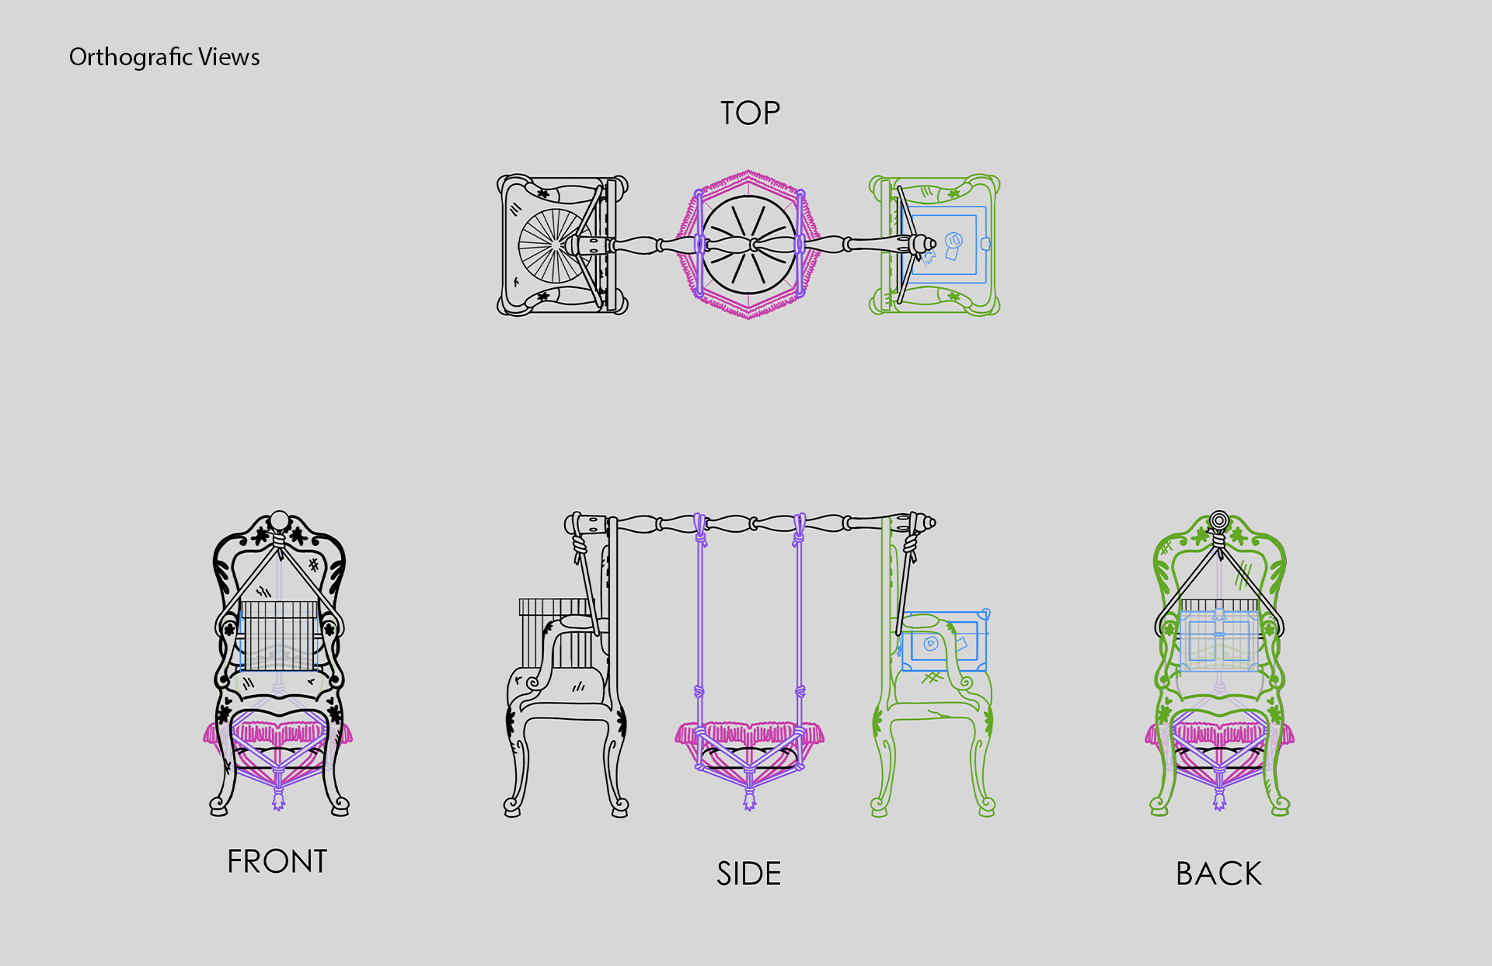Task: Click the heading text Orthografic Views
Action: coord(164,57)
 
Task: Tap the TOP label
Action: coord(750,113)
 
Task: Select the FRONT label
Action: coord(277,861)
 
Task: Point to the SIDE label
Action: coord(749,874)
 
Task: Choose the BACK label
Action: coord(1218,874)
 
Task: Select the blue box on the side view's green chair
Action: coord(944,641)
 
